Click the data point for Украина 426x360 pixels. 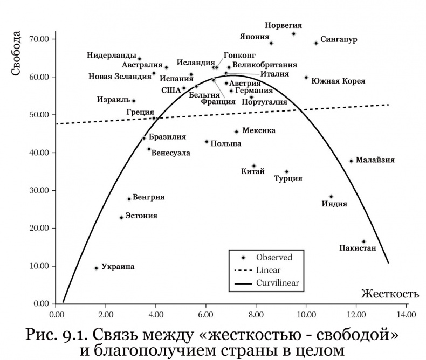pyautogui.click(x=96, y=268)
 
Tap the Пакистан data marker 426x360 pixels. pyautogui.click(x=363, y=241)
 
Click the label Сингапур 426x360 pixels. pyautogui.click(x=339, y=39)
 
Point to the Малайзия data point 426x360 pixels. pyautogui.click(x=351, y=161)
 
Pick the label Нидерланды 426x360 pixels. pyautogui.click(x=112, y=55)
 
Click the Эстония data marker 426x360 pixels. pyautogui.click(x=121, y=218)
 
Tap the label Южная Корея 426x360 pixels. pyautogui.click(x=338, y=81)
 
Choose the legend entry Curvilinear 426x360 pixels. pyautogui.click(x=277, y=282)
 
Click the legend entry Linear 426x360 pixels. pyautogui.click(x=268, y=270)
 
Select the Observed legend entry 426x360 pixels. pyautogui.click(x=274, y=258)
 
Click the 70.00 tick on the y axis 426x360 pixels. pyautogui.click(x=39, y=39)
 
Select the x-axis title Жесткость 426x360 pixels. pyautogui.click(x=389, y=294)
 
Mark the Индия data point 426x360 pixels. pyautogui.click(x=331, y=197)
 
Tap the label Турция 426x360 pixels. pyautogui.click(x=288, y=179)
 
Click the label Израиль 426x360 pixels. pyautogui.click(x=113, y=100)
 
